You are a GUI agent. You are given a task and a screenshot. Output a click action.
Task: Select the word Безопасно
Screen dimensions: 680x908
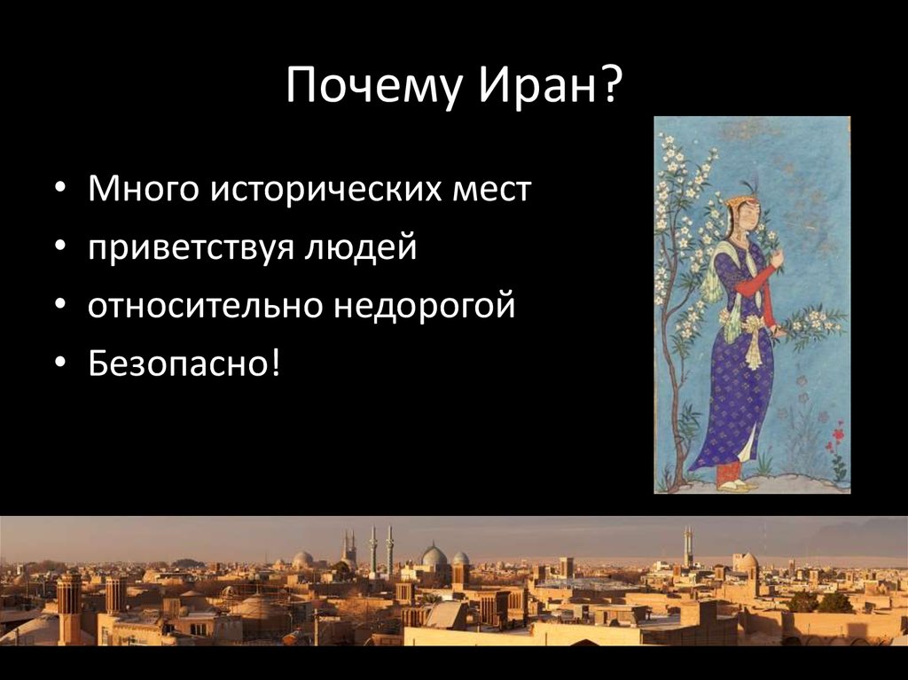[x=177, y=364]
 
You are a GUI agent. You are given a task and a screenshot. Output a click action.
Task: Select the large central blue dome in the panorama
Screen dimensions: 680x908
[x=434, y=557]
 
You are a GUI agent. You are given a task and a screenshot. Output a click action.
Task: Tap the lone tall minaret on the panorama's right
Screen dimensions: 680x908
[x=687, y=546]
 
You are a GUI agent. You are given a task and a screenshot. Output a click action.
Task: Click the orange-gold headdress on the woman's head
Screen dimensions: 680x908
[x=738, y=202]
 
